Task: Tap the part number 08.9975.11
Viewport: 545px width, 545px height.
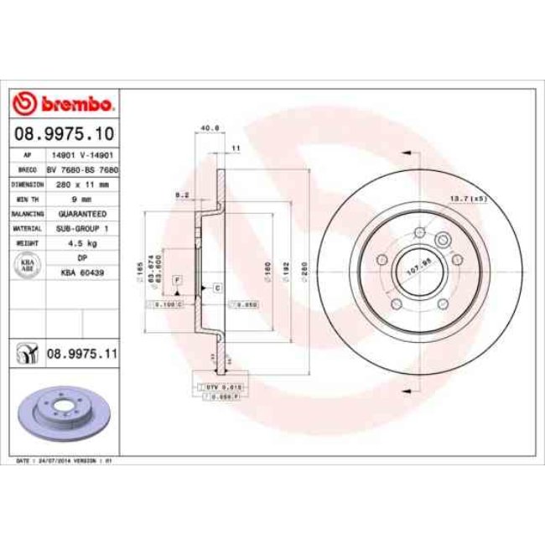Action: coord(81,356)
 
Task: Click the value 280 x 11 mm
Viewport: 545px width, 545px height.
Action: coord(82,184)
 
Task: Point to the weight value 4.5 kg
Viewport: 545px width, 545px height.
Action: coord(82,243)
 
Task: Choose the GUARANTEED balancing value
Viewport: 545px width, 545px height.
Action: coord(82,214)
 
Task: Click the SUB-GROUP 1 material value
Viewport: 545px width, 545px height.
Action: coord(82,228)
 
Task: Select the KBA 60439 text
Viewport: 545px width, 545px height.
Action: coord(82,272)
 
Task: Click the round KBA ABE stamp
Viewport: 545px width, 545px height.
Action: coord(27,265)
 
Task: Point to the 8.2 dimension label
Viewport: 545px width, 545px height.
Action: coord(179,195)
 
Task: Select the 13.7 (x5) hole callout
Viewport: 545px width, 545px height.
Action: coord(469,198)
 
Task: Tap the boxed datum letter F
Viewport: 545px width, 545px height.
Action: coord(177,278)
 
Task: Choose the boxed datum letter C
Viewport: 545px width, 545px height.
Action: coord(216,288)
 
